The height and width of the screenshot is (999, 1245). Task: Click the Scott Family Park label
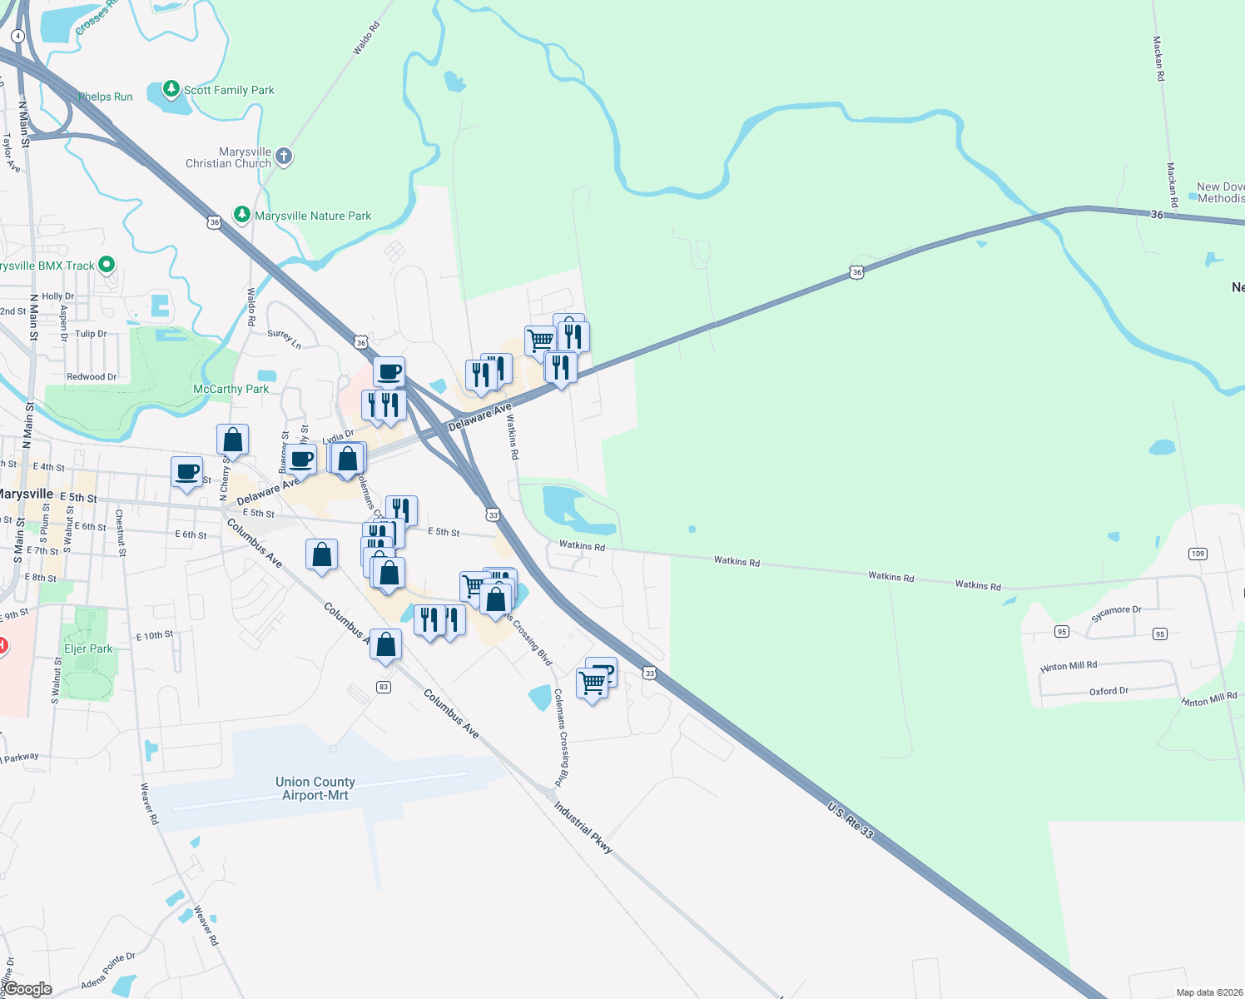pos(229,90)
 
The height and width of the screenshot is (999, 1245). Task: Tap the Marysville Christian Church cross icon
pos(284,156)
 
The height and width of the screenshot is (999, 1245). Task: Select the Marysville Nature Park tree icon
pos(242,215)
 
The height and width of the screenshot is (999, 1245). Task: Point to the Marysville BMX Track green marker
pos(107,265)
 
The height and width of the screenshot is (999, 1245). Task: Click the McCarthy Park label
pos(231,389)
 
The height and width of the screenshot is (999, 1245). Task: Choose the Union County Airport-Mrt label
pos(315,788)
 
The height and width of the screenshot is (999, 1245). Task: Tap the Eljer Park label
pos(88,649)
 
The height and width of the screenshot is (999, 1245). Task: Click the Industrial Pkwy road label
pos(583,828)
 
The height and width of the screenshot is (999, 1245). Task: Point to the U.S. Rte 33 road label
pos(851,820)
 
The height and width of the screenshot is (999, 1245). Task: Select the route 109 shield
pos(1198,554)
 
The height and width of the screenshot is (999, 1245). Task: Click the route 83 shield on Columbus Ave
pos(384,687)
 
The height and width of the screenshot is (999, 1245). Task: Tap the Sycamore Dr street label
pos(1116,614)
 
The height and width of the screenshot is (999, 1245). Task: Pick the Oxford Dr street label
pos(1109,691)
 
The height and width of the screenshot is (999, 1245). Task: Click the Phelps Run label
pos(106,97)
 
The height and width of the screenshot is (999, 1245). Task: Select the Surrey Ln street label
pos(284,338)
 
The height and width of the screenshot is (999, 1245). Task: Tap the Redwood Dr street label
pos(92,377)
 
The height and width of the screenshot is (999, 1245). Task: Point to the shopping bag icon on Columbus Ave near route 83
pos(385,644)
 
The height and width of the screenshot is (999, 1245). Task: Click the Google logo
pos(28,989)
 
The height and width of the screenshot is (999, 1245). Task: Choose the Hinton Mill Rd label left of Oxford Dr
pos(1069,666)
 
